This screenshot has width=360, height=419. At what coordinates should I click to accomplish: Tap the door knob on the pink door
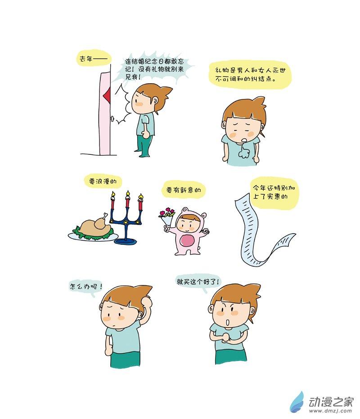112,118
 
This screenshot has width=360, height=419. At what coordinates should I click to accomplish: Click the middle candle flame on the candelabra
128,194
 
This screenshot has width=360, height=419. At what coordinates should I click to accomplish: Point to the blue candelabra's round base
126,242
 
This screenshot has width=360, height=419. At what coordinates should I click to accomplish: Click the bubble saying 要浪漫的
103,181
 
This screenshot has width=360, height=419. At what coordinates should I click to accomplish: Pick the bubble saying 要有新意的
184,190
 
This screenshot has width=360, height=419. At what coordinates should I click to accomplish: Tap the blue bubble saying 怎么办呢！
85,287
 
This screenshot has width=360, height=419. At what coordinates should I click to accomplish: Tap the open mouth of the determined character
228,322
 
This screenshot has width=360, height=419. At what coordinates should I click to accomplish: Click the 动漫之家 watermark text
331,401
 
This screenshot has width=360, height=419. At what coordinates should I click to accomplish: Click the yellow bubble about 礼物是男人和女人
250,75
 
